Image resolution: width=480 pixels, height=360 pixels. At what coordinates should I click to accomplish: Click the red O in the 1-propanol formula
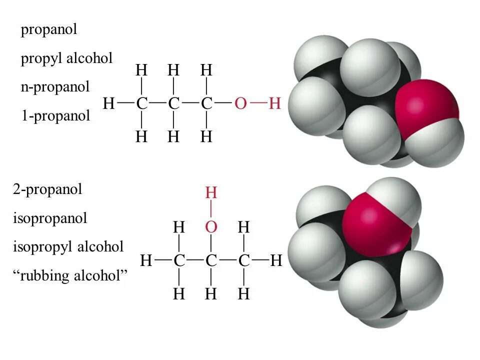tap(240, 104)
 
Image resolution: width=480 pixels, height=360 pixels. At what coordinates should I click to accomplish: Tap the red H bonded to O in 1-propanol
tap(274, 104)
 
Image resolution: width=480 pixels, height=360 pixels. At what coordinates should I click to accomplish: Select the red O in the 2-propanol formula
tap(211, 227)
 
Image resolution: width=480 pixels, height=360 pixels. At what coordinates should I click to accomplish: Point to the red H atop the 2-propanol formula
tap(211, 193)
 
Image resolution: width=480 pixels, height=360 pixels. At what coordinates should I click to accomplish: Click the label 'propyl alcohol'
tap(66, 58)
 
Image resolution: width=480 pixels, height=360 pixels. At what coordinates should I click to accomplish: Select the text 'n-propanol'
tap(55, 87)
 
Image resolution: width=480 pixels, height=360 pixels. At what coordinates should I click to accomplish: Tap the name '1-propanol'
tap(55, 116)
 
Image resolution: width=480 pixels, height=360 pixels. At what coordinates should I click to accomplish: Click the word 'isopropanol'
tap(50, 218)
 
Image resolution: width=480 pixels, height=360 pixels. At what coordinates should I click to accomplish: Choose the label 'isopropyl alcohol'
tap(68, 246)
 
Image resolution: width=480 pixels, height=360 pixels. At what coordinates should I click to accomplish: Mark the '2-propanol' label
tap(47, 189)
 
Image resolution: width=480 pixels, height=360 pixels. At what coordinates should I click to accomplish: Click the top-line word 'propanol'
tap(49, 29)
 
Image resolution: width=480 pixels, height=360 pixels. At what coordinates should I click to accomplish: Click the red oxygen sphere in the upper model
tap(425, 105)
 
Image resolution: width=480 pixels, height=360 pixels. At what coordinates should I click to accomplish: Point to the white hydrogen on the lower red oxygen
tap(395, 197)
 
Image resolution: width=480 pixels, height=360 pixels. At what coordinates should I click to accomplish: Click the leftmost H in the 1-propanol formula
tap(108, 104)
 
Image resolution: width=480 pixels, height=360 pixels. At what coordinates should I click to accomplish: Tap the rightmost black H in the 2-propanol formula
tap(276, 260)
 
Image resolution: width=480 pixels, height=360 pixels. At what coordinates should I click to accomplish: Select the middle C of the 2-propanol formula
tap(211, 260)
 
